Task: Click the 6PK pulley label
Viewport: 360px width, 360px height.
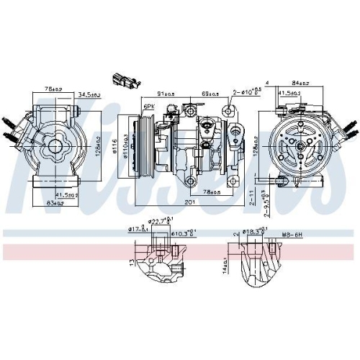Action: click(149, 107)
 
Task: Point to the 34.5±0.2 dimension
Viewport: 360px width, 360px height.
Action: click(89, 94)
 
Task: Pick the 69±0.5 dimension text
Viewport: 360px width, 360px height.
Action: click(210, 94)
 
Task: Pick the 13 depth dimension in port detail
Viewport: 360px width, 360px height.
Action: click(132, 264)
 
